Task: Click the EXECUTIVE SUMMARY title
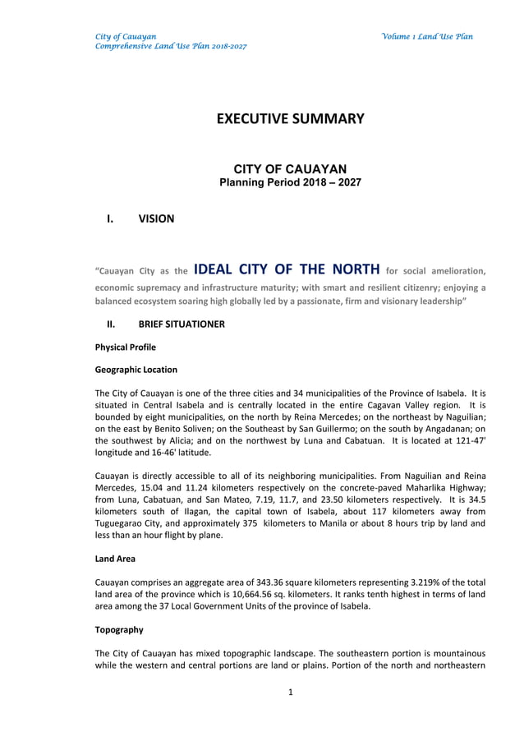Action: [x=290, y=119]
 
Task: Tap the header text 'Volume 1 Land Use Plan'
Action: [x=426, y=37]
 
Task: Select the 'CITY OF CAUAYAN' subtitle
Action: [x=290, y=168]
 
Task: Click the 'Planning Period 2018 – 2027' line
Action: [x=290, y=182]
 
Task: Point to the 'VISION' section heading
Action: [x=156, y=219]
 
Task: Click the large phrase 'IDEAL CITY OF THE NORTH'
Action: [x=287, y=269]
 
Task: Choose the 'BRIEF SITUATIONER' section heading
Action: [x=181, y=324]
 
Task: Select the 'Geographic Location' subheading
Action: [x=136, y=370]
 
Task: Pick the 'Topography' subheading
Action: [x=119, y=629]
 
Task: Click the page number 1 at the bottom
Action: [x=291, y=692]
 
